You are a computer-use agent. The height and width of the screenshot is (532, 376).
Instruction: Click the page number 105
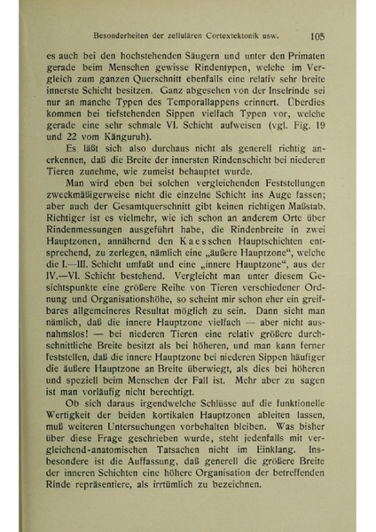point(321,37)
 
